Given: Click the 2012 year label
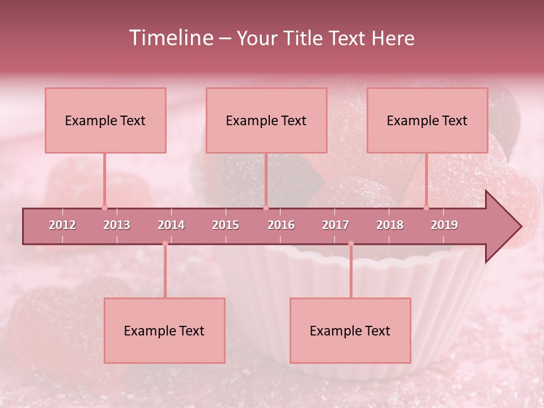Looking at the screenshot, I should [62, 225].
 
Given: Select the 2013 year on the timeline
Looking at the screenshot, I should [117, 225].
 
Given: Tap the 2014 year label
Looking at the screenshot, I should [171, 225].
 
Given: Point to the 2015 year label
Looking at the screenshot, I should [226, 225].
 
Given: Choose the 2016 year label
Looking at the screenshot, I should [281, 225].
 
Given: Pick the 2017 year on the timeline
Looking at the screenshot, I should [335, 225].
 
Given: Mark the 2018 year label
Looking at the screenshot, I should [390, 225].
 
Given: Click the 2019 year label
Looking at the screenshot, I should [444, 225].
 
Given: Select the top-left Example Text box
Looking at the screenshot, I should [105, 120].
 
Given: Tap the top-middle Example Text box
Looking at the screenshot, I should [266, 120].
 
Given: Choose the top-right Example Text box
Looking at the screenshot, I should [427, 120].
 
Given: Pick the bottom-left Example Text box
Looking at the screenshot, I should [164, 330].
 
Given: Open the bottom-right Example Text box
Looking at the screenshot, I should [350, 330].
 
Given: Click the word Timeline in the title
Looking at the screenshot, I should [170, 38].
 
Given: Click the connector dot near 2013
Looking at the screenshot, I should [104, 207].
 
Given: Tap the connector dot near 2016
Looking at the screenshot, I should [266, 207].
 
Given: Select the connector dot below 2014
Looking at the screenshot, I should [165, 244].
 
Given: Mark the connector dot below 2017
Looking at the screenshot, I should [351, 244].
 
